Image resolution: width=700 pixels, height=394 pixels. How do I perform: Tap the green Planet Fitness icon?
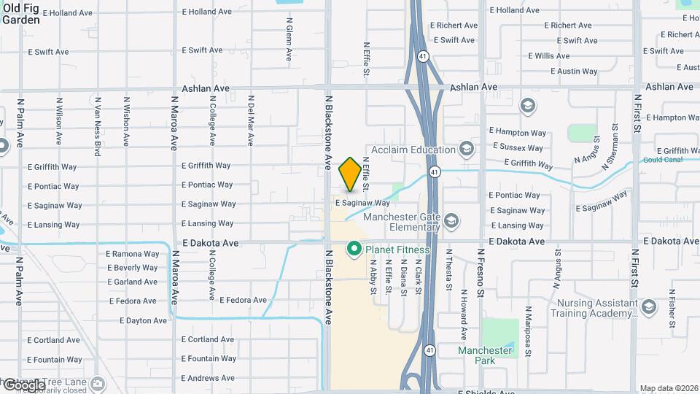pos(354,250)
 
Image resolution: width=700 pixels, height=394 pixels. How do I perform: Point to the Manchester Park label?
pos(485,355)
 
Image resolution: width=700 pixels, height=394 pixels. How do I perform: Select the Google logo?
pos(23,385)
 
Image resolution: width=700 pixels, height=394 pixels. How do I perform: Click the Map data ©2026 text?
pos(668,388)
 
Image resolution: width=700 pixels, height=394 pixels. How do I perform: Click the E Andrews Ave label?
pos(208,378)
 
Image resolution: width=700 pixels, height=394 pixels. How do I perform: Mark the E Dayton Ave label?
pos(138,320)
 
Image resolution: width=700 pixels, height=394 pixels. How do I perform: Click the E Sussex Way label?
pos(519,147)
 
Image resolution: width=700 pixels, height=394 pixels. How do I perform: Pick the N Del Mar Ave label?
pos(250,117)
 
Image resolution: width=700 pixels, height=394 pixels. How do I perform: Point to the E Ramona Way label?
pos(133,254)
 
